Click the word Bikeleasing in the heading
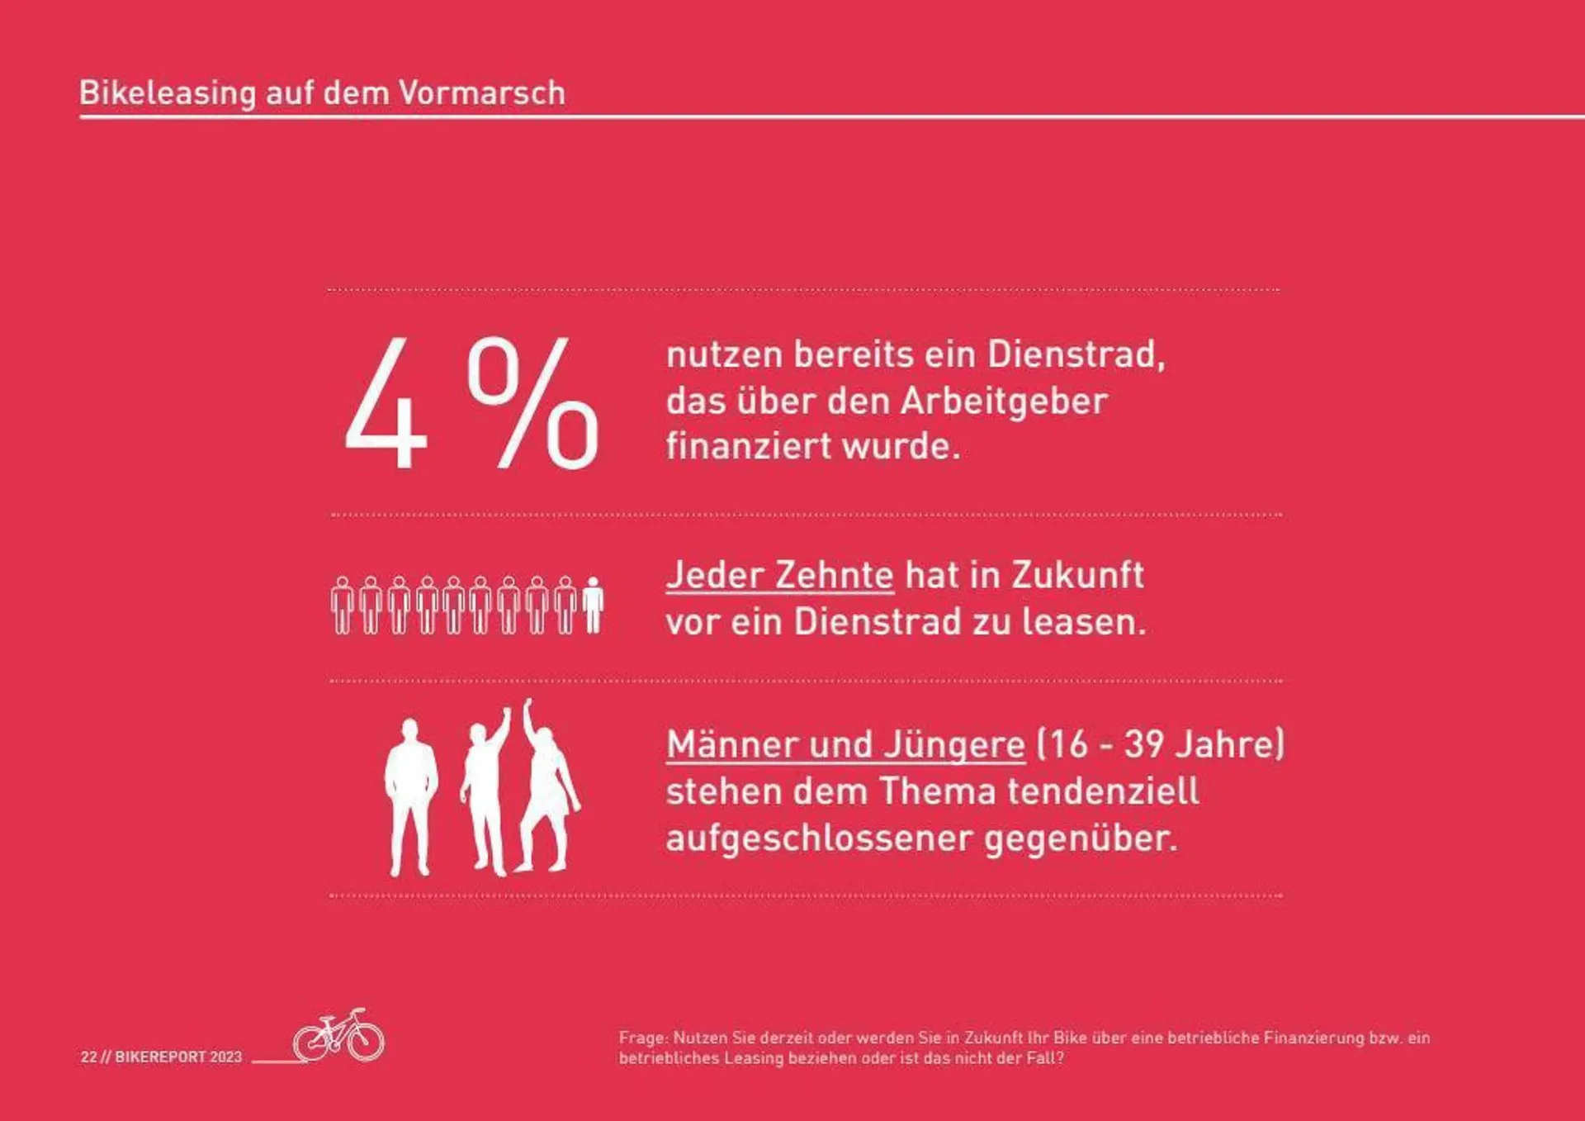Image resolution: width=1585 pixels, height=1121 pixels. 168,93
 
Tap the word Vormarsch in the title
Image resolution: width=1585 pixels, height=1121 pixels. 482,93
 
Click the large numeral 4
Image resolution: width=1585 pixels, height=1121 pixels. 386,405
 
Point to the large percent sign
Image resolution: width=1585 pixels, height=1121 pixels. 532,403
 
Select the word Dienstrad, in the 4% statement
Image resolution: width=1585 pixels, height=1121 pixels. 1076,354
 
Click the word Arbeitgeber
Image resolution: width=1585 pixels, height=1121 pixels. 1003,401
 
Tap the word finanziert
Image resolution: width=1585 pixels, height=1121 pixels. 749,446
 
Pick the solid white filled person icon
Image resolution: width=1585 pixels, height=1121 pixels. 593,606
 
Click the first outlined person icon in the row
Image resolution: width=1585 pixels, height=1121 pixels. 342,606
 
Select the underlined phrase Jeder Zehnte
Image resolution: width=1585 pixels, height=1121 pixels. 779,575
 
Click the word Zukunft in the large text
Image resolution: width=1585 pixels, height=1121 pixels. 1077,575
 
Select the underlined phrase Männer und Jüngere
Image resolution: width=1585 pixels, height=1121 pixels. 845,744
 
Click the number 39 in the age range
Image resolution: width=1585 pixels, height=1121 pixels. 1144,744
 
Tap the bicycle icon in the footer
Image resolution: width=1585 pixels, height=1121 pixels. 339,1034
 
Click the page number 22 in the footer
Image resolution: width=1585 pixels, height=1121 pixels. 88,1057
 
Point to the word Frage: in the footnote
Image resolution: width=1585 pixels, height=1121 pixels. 643,1038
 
